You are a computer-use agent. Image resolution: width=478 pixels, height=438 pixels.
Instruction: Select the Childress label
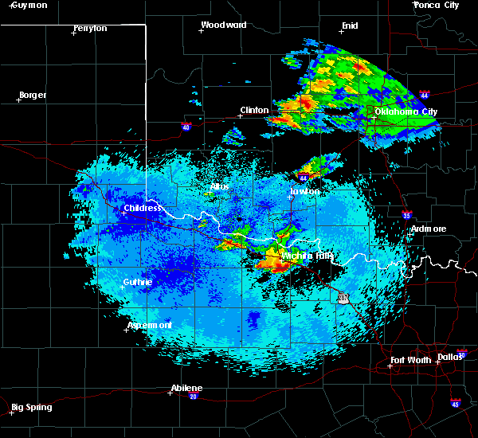pos(143,209)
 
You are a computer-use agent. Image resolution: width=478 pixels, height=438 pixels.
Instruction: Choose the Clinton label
pos(255,111)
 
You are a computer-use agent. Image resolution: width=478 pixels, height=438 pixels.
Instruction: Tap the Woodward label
pos(224,25)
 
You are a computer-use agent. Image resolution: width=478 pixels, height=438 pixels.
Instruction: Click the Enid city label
pos(350,25)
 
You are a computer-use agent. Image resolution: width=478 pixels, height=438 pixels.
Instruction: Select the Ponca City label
pos(437,5)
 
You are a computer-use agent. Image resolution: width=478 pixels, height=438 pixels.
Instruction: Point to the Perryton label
pos(90,28)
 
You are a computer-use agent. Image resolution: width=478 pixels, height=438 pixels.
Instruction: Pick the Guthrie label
pos(138,282)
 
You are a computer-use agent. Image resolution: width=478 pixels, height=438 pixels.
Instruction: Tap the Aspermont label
pos(150,325)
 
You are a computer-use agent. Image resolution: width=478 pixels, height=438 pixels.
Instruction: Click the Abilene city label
pos(186,388)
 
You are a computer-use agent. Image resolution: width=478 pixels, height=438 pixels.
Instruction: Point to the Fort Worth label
pos(411,360)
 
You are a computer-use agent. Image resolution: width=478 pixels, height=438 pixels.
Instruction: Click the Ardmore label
pos(429,229)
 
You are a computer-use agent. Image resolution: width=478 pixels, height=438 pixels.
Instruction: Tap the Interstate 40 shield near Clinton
pos(186,126)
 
